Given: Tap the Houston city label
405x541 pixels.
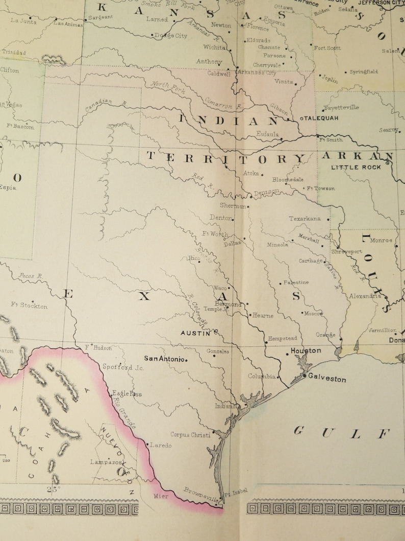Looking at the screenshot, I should [306, 350].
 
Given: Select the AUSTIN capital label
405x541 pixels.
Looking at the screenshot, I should [195, 333].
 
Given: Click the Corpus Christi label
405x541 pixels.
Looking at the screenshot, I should [190, 435].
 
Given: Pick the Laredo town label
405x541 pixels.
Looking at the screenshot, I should [161, 445].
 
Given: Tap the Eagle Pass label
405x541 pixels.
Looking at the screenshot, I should [127, 394].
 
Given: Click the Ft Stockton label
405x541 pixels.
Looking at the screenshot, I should [29, 305].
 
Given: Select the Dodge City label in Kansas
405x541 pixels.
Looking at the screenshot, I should [171, 36].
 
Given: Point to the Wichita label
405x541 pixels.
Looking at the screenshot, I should [214, 48].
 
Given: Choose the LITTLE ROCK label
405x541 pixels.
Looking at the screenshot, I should [356, 167].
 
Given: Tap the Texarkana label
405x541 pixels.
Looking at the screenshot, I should [305, 219].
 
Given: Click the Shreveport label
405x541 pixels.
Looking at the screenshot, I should [347, 252].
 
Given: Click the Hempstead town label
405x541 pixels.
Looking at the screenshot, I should [283, 338].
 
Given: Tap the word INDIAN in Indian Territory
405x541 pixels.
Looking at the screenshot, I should [229, 121].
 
